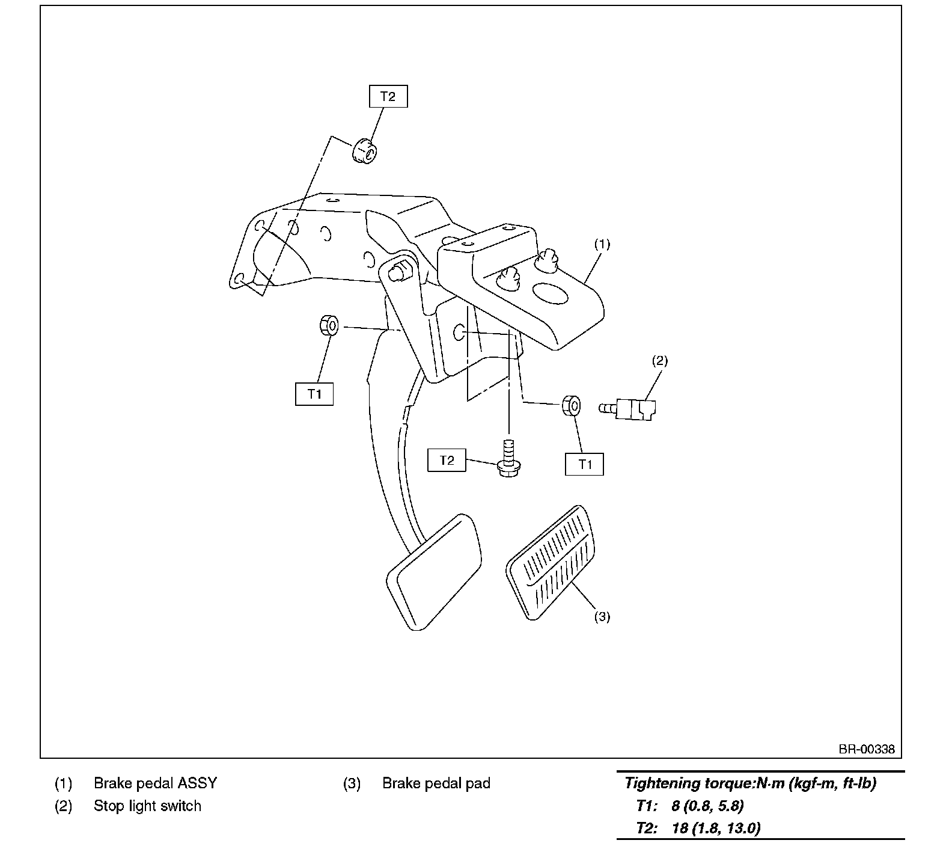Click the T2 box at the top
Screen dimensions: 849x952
(388, 96)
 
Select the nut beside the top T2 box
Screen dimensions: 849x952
(364, 150)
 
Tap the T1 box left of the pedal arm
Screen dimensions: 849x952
(314, 394)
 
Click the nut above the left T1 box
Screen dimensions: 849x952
(329, 325)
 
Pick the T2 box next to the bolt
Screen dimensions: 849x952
(447, 461)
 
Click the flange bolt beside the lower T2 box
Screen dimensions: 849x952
(509, 460)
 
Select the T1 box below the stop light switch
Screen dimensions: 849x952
(585, 464)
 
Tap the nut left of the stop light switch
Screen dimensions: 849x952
(571, 405)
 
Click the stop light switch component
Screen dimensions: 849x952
(631, 409)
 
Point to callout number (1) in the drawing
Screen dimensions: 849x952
(602, 244)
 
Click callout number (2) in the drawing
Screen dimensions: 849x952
(659, 361)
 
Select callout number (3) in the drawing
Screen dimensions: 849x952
(602, 616)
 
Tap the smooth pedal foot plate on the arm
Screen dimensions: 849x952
(435, 571)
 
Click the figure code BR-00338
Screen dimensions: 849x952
(867, 749)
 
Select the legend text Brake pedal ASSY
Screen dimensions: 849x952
(155, 783)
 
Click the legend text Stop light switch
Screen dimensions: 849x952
(147, 806)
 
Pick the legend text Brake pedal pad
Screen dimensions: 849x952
(436, 783)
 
